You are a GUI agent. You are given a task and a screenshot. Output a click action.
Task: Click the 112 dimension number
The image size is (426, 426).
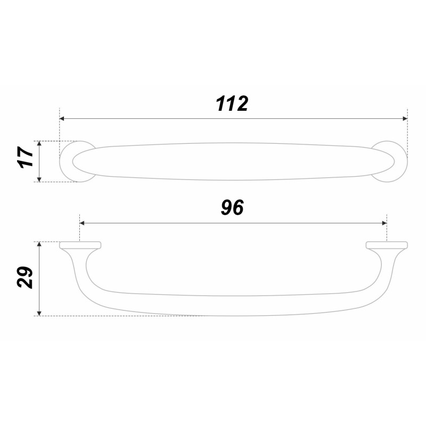coord(232,104)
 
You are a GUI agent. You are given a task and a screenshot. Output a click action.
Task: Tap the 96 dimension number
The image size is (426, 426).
coord(233,208)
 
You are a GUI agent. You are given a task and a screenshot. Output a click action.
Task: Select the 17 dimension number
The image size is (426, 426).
coord(25,157)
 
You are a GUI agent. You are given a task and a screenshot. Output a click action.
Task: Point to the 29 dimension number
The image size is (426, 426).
coord(24,277)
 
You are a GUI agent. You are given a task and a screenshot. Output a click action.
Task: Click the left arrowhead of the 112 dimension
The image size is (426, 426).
coord(62,118)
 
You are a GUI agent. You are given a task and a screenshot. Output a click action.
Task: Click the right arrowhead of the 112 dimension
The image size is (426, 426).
coord(405,118)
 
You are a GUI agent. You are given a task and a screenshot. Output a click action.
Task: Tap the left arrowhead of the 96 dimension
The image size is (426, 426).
coord(82,223)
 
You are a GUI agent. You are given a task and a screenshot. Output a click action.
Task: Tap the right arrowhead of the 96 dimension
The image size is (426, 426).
coord(384,223)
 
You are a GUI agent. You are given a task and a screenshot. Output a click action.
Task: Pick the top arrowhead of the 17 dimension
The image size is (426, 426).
coord(39,143)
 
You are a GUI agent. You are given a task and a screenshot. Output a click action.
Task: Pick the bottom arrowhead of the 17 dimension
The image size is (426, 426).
coord(39,179)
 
